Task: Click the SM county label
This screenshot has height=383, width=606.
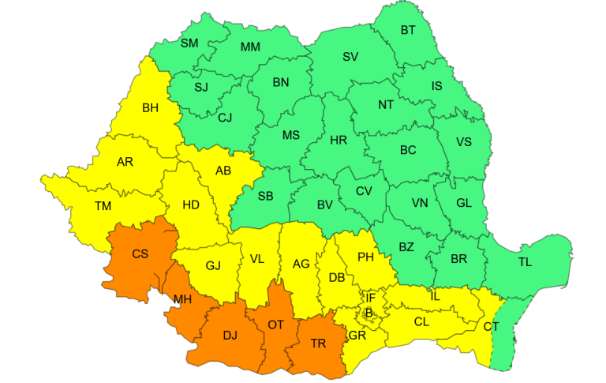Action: click(189, 43)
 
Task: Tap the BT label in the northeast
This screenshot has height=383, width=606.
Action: click(408, 31)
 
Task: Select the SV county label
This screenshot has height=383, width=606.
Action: click(350, 57)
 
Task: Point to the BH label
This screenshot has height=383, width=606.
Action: click(150, 109)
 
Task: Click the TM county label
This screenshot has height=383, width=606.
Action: click(103, 206)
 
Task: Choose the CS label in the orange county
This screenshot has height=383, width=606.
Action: click(140, 254)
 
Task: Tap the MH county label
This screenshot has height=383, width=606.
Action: click(183, 299)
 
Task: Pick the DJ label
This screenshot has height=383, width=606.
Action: click(230, 336)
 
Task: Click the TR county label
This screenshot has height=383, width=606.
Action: click(318, 344)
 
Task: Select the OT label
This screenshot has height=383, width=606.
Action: click(276, 325)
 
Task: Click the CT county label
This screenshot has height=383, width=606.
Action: click(491, 326)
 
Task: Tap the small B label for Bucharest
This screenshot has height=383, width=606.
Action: click(368, 313)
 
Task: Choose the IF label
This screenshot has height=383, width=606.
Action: click(369, 298)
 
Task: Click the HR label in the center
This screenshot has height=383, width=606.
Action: click(339, 141)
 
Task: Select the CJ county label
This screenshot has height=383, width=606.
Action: click(226, 118)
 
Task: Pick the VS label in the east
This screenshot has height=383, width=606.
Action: click(465, 143)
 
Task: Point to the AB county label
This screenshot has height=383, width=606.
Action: click(223, 171)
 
